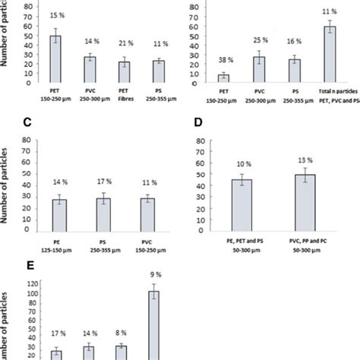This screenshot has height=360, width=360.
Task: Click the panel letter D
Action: coord(199,123)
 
